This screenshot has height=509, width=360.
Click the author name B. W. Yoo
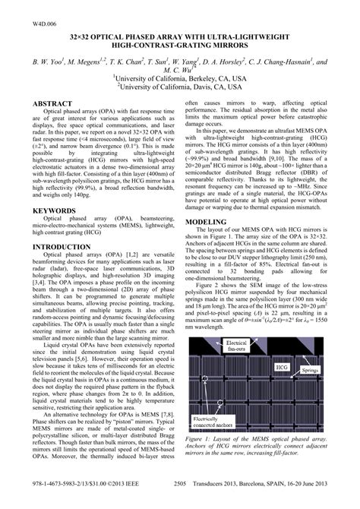click(46, 62)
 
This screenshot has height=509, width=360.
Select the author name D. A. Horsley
click(224, 62)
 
